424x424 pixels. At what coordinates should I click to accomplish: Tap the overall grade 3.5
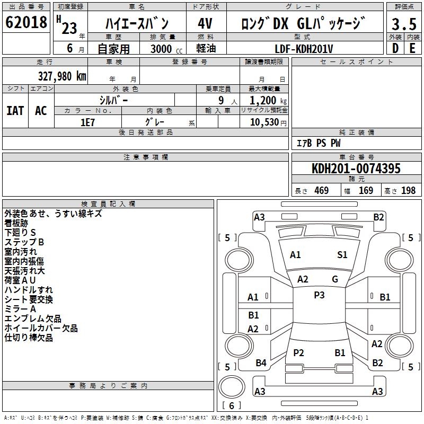tap(403, 24)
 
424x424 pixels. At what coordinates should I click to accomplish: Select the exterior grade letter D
tap(395, 48)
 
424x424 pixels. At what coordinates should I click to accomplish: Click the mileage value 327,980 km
tap(62, 76)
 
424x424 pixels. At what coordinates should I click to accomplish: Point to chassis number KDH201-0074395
tap(356, 169)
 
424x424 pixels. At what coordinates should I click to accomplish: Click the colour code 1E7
tap(87, 122)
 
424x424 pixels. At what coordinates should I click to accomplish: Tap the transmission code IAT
tap(15, 111)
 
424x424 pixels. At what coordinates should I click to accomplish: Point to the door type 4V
tap(206, 24)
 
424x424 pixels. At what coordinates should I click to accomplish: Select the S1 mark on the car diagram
tap(342, 255)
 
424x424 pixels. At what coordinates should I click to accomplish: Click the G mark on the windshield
tap(335, 279)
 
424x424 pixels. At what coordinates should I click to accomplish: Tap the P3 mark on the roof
tap(319, 295)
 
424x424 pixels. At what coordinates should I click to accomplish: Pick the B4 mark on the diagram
tap(261, 363)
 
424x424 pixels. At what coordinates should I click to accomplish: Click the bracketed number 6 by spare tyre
tap(232, 405)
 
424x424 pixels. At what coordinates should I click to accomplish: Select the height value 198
tap(408, 190)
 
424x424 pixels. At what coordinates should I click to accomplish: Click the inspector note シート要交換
tap(29, 299)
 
